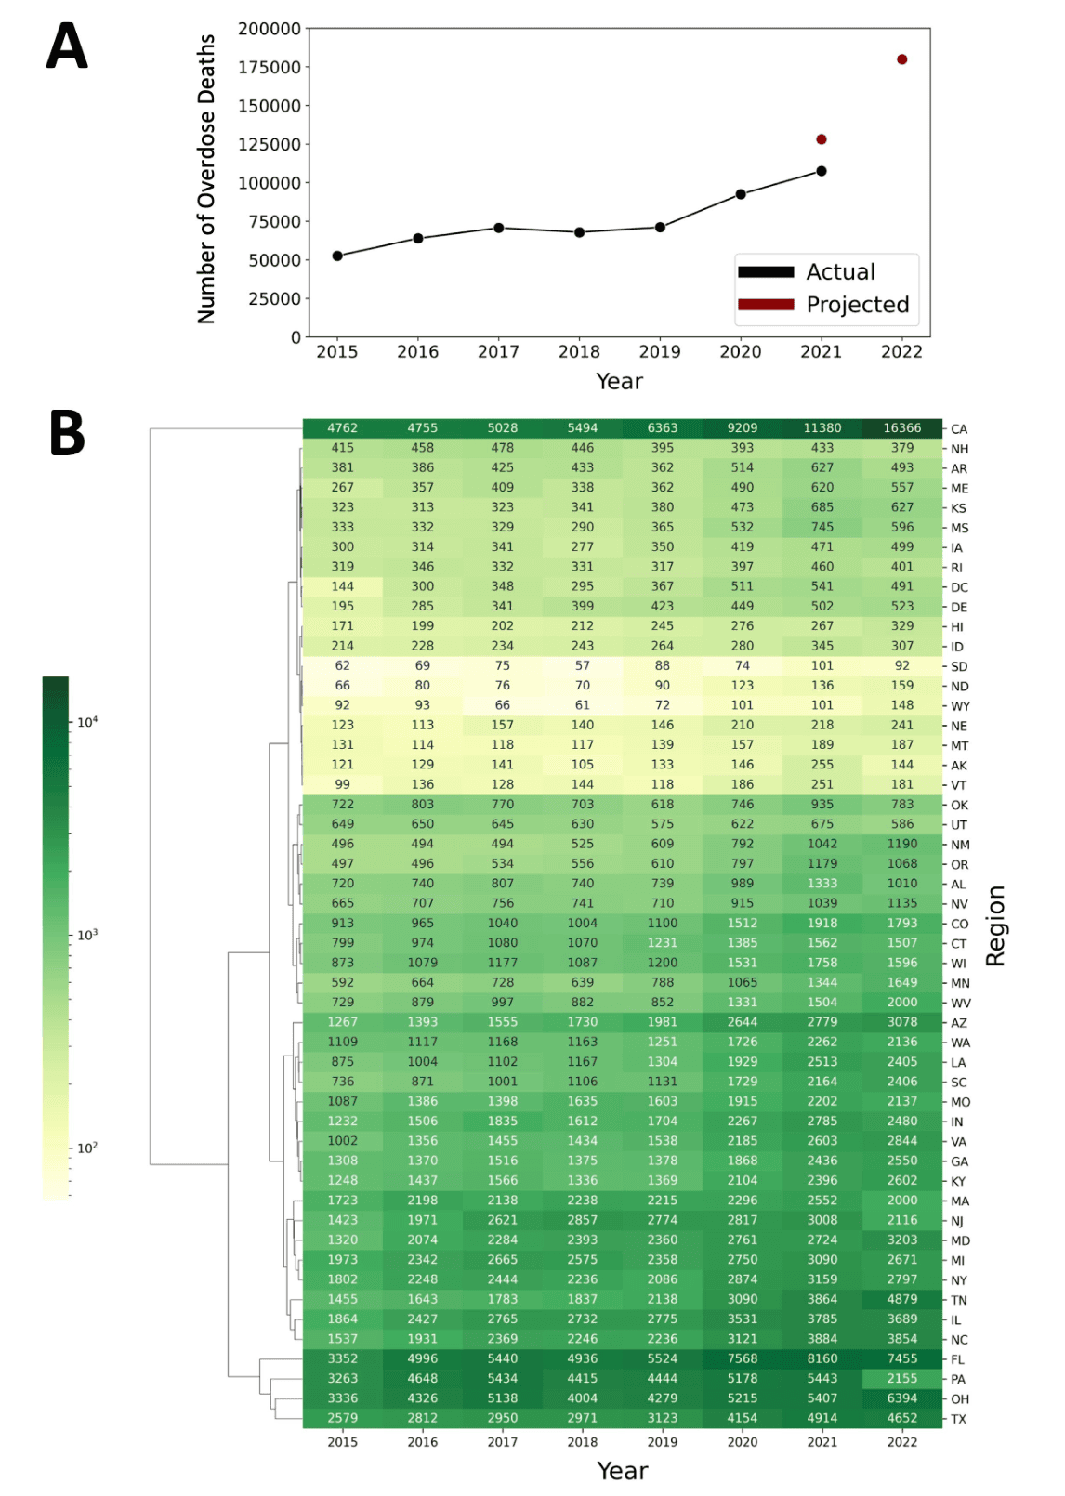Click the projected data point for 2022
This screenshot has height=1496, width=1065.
point(901,59)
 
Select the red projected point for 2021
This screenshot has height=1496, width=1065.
point(821,139)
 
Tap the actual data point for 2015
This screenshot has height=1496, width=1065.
point(337,256)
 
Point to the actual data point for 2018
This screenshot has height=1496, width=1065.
point(579,232)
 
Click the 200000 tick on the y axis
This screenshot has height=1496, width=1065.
point(270,29)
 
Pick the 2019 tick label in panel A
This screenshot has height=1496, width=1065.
point(660,351)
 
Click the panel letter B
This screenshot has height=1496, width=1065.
point(67,434)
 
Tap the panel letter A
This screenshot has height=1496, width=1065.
point(67,46)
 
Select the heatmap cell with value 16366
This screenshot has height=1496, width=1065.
point(902,428)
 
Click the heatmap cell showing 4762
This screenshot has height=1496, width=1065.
point(342,428)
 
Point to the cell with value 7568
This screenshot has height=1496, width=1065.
point(742,1358)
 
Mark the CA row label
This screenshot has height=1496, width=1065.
point(959,429)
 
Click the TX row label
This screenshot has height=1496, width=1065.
point(958,1419)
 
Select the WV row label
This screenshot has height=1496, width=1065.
point(961,1004)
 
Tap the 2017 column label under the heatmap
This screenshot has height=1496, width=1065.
point(502,1442)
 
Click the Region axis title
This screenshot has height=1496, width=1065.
point(995,925)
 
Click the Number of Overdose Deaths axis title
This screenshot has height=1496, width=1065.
point(206,179)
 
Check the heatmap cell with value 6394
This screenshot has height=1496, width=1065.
point(902,1398)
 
